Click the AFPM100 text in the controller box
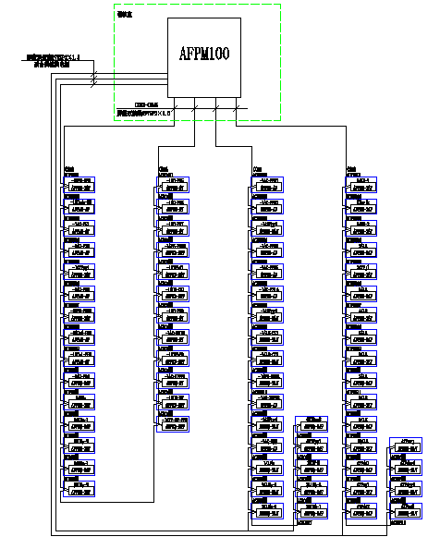tap(203, 53)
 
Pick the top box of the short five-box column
tap(312, 424)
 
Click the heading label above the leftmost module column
tap(68, 169)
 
